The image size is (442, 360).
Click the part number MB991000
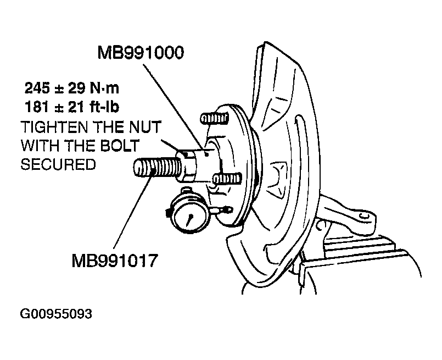click(141, 53)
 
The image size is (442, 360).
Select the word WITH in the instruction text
click(41, 146)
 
